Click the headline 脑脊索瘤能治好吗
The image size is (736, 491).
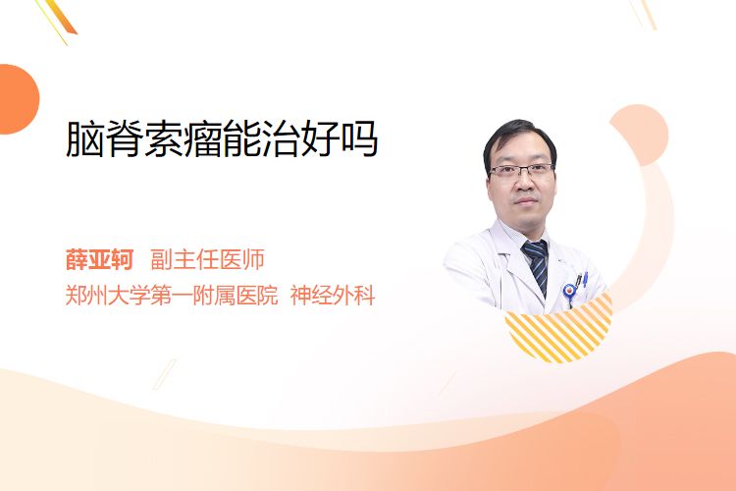point(222,139)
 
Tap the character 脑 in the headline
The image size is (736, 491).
point(84,139)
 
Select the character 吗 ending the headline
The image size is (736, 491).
point(359,139)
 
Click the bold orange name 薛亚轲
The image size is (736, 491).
point(99,259)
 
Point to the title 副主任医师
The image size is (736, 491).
point(207,259)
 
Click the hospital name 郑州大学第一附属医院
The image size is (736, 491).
point(172,296)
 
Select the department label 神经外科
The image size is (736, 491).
point(333,296)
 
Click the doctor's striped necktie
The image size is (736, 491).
point(538,265)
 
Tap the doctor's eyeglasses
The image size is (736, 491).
point(521,170)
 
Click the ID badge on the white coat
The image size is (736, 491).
point(569,293)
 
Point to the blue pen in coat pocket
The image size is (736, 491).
point(585,279)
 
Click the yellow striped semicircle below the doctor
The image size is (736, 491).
point(559,329)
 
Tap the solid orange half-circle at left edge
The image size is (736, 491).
point(18,99)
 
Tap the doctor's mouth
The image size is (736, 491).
point(526,201)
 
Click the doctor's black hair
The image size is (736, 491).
point(518,137)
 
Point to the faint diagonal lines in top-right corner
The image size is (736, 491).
point(643,13)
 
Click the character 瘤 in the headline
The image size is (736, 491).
point(202,139)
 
